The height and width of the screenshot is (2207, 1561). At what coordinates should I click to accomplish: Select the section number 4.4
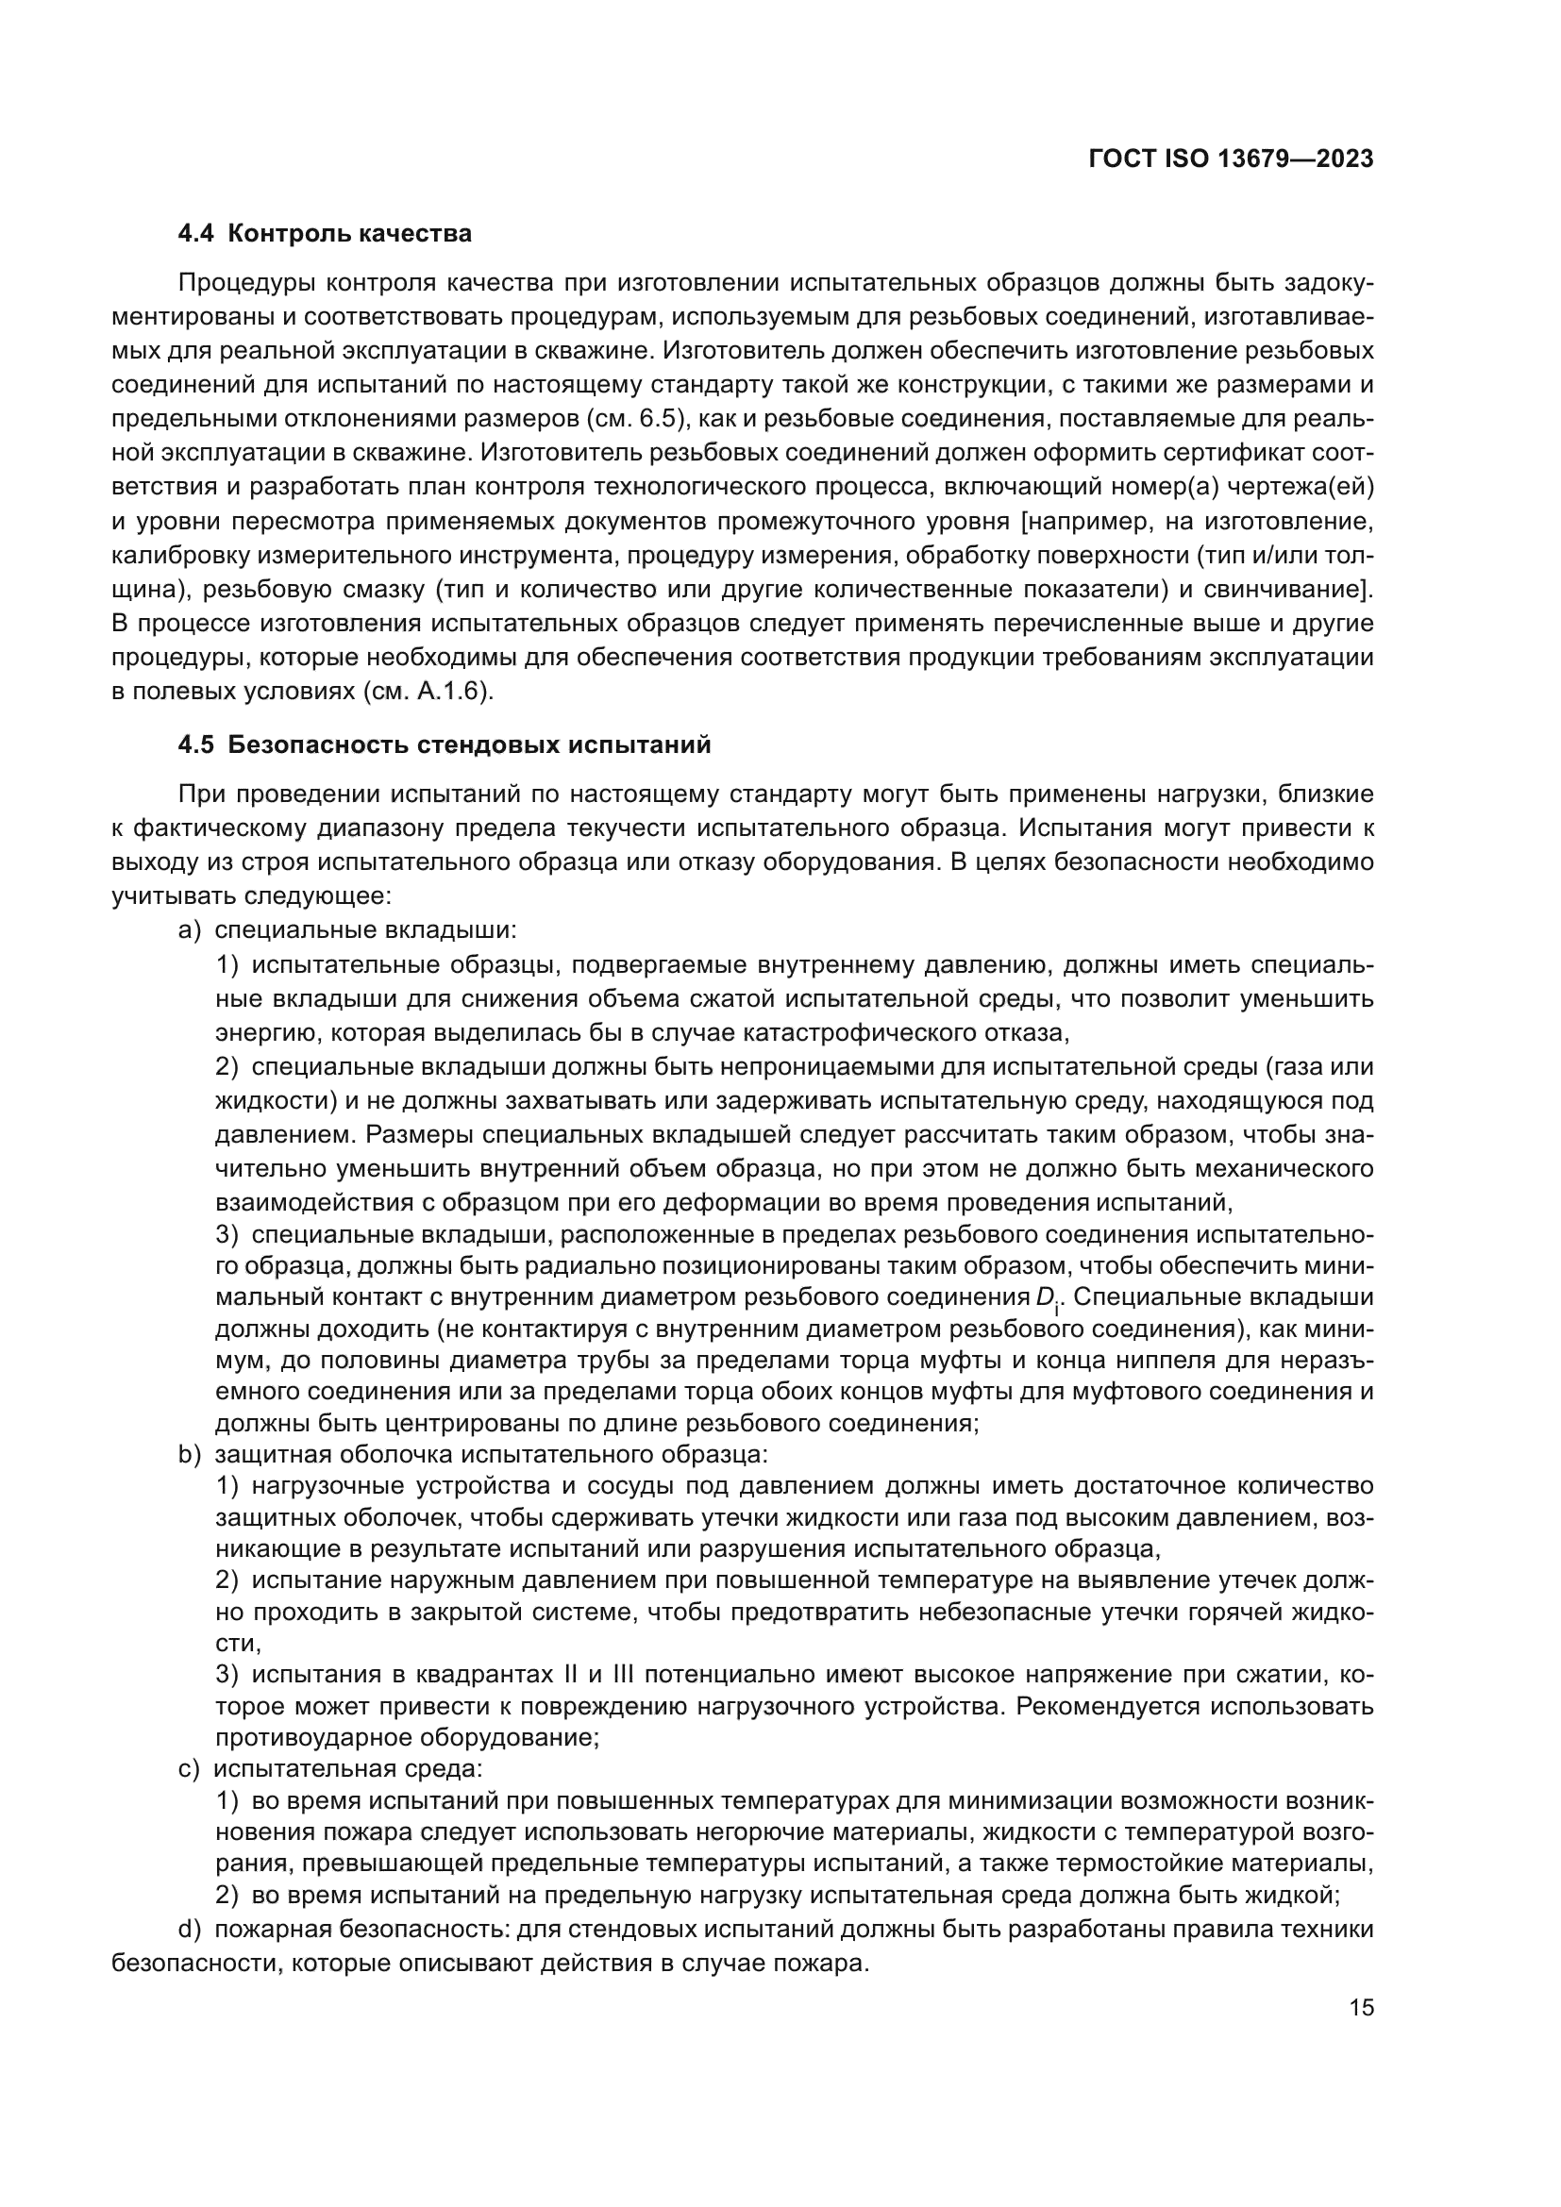pyautogui.click(x=196, y=234)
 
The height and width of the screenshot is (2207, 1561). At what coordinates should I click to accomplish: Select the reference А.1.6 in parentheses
pyautogui.click(x=452, y=692)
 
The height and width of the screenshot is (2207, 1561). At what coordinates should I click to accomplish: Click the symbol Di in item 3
pyautogui.click(x=1048, y=1297)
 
